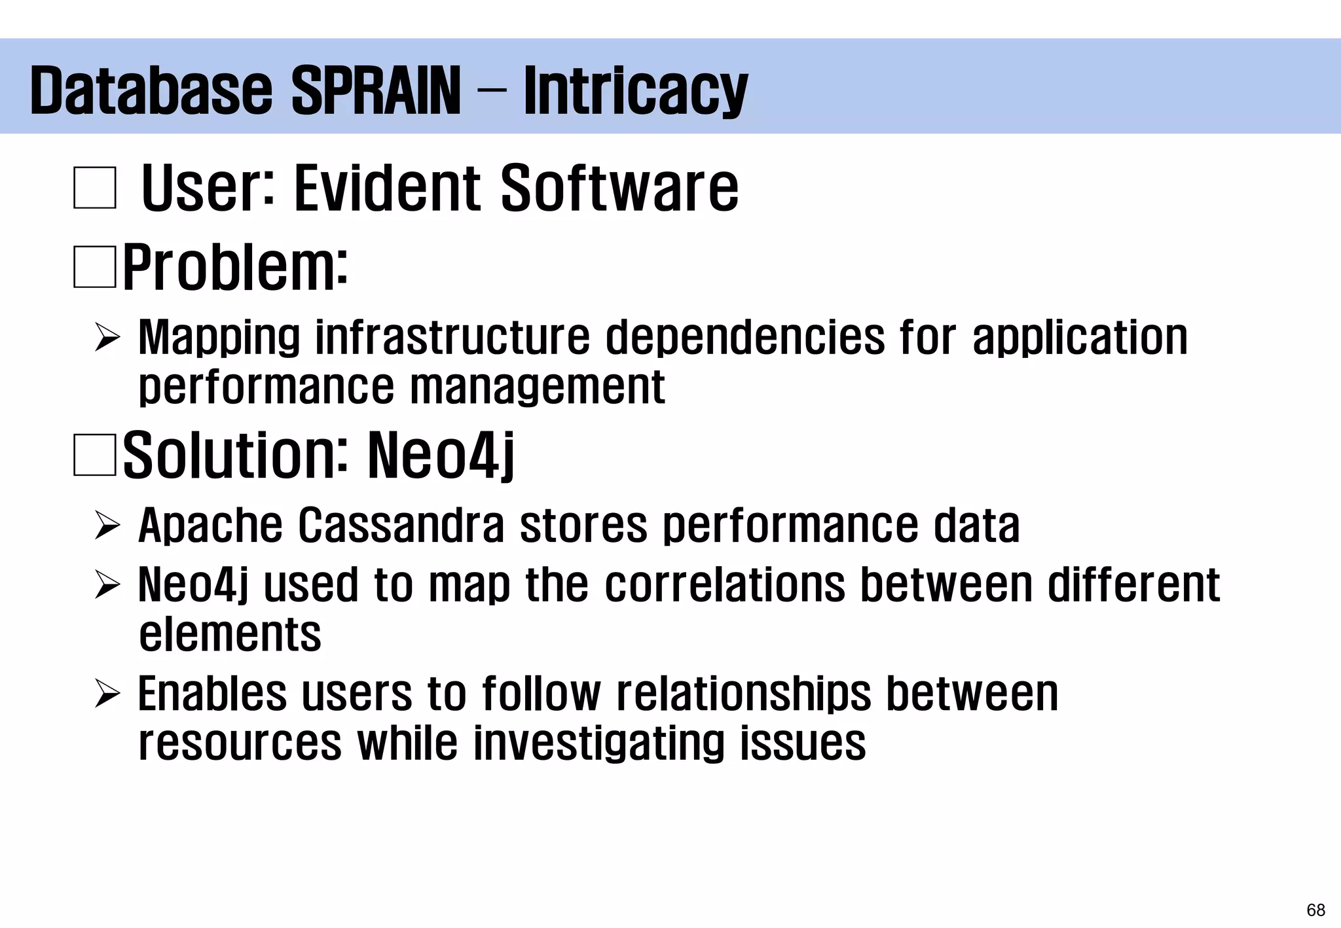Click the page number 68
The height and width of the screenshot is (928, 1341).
click(x=1315, y=910)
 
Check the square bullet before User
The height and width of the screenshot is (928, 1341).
click(x=95, y=188)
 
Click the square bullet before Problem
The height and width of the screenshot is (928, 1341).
click(x=95, y=267)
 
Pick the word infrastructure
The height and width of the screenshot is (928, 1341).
click(x=452, y=338)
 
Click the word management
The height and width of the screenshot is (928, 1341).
click(x=538, y=387)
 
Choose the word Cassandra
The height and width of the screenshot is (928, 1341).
click(x=401, y=526)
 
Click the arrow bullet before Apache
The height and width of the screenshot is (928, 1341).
click(x=107, y=526)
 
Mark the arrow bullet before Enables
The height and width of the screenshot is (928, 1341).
click(x=107, y=694)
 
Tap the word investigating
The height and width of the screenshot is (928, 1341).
click(x=598, y=743)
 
